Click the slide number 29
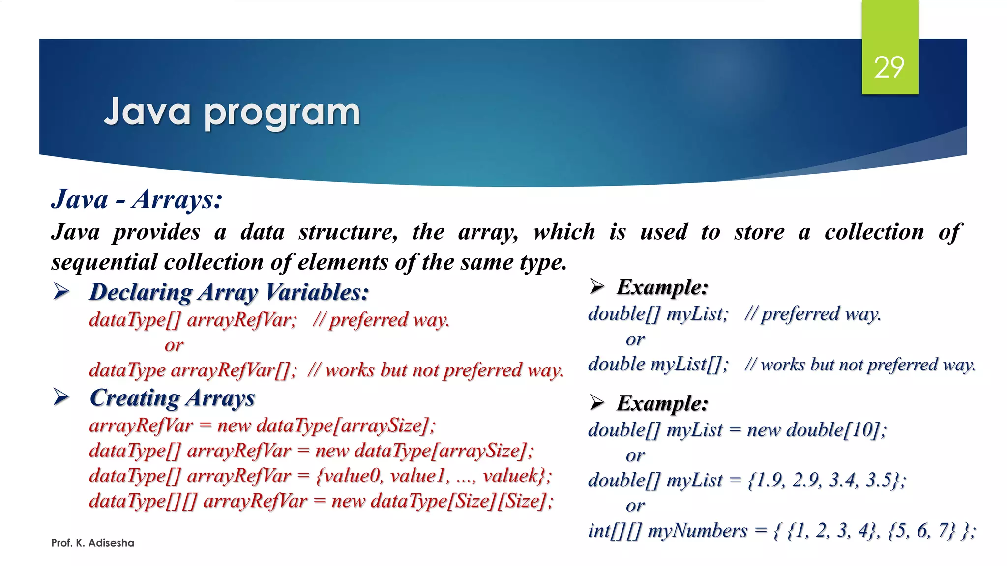click(x=889, y=67)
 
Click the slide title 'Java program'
click(x=232, y=112)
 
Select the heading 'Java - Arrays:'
click(x=137, y=199)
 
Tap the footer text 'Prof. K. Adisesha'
click(x=92, y=543)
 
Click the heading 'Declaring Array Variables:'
click(x=229, y=292)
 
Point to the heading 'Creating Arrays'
click(x=172, y=398)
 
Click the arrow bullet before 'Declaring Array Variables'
click(x=61, y=292)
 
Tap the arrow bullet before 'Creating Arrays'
click(x=61, y=397)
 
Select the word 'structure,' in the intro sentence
click(x=348, y=232)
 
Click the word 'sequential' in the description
click(x=105, y=262)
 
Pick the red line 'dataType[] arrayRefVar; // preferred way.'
click(x=269, y=320)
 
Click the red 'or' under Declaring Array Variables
click(x=174, y=345)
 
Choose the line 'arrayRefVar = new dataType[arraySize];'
click(x=262, y=425)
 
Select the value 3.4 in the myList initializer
click(x=842, y=480)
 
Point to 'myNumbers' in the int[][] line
click(x=697, y=531)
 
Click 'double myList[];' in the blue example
click(x=658, y=365)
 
